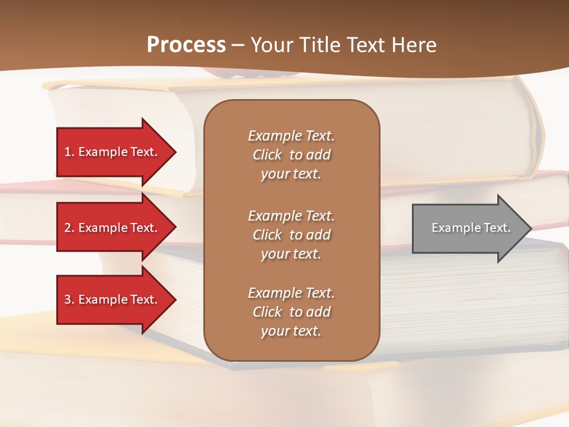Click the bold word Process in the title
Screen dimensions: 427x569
[x=186, y=45]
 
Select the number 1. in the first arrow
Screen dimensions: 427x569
[x=69, y=152]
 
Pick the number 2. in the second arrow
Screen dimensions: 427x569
[x=69, y=228]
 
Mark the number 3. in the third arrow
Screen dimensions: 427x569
[x=69, y=299]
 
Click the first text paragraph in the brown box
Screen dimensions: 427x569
[x=291, y=155]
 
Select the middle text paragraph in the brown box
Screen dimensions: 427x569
[x=291, y=235]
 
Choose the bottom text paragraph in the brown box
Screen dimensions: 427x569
[x=291, y=312]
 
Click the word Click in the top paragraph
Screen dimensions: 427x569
[x=267, y=155]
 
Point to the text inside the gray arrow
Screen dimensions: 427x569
[x=471, y=228]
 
